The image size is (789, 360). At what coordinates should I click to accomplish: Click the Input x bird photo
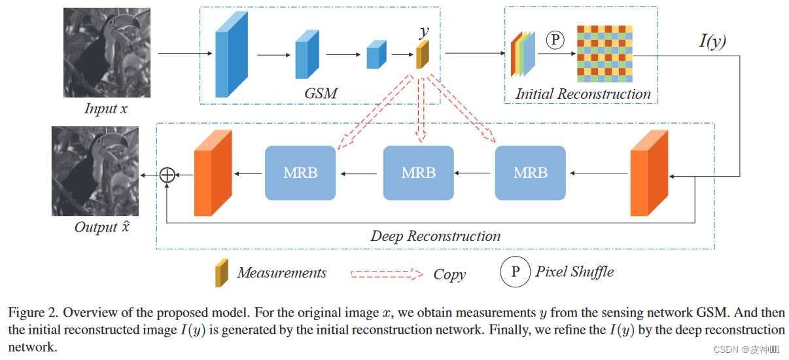click(x=107, y=52)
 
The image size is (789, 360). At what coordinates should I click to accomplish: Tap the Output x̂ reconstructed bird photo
click(x=95, y=171)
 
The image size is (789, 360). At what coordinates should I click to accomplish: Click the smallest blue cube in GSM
click(x=374, y=55)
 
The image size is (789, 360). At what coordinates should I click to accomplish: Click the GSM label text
click(x=321, y=93)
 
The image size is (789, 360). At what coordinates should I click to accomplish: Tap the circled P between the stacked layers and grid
click(x=555, y=40)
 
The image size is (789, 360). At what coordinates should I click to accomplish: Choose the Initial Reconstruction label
click(x=583, y=94)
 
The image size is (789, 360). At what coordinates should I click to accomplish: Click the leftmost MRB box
click(x=300, y=173)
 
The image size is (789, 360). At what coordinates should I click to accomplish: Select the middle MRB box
click(x=418, y=173)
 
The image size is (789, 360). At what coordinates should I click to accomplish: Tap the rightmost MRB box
click(x=530, y=173)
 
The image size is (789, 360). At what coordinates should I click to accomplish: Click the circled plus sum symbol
click(x=168, y=174)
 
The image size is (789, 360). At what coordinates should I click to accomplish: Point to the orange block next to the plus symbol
click(x=213, y=173)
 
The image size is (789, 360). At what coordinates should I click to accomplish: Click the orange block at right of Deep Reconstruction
click(x=648, y=173)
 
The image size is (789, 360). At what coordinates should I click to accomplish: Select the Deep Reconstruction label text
click(x=435, y=236)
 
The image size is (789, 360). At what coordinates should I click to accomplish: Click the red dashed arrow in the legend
click(x=387, y=274)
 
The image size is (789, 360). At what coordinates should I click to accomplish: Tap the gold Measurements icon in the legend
click(x=222, y=273)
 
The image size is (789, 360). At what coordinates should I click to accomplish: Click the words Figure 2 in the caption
click(x=31, y=312)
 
